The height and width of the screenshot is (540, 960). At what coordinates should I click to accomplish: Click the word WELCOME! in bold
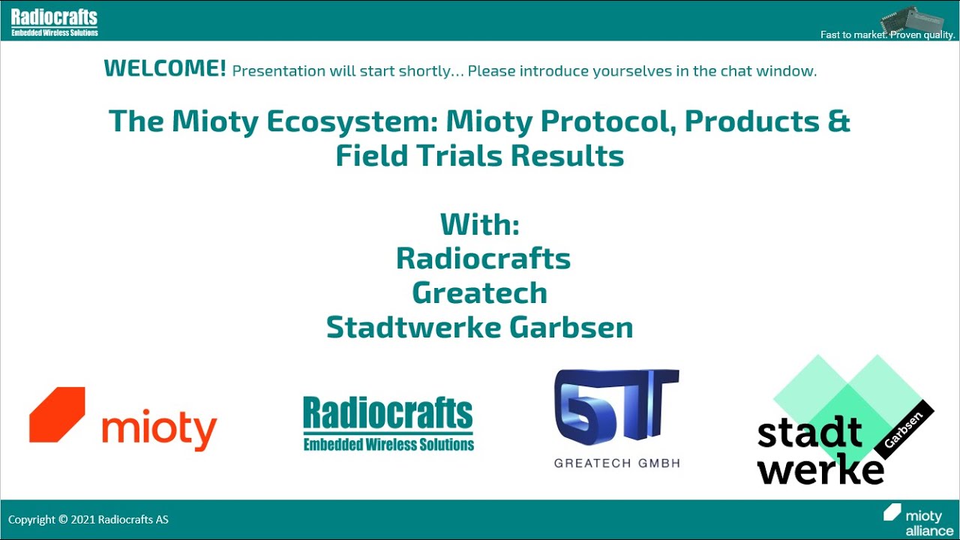click(164, 69)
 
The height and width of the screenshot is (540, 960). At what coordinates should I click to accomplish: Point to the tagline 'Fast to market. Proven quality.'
click(887, 35)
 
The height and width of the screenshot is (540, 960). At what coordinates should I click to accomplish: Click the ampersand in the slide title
click(839, 121)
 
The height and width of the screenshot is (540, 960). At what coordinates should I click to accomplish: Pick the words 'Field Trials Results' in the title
click(479, 156)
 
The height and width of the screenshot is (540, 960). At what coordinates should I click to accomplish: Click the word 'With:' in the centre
click(479, 224)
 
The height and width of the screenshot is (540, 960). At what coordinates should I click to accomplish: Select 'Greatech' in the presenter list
click(479, 293)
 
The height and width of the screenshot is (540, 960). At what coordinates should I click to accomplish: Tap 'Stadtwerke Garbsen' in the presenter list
click(479, 328)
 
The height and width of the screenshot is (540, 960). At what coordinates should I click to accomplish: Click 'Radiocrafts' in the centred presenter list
click(482, 259)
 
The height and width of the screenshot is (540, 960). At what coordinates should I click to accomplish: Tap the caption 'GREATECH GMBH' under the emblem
click(616, 463)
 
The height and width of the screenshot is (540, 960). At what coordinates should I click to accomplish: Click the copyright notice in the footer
click(88, 520)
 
